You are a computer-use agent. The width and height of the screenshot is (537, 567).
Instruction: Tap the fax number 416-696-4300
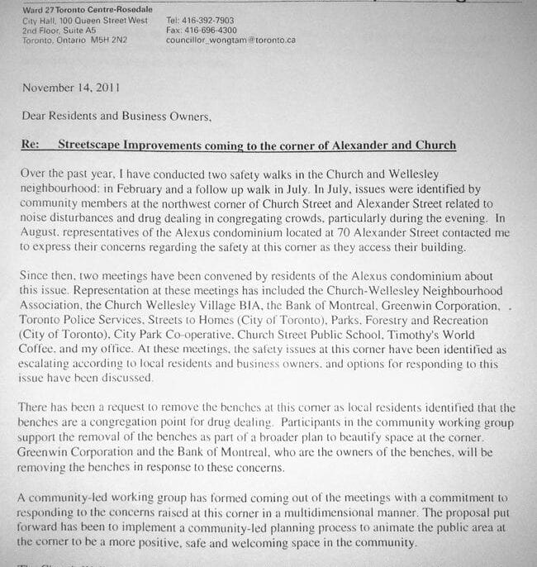[207, 30]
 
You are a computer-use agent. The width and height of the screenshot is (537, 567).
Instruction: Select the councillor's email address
[230, 40]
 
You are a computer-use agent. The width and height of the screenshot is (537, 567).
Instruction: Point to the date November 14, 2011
[71, 88]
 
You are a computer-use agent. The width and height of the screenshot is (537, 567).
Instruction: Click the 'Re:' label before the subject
[31, 145]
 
